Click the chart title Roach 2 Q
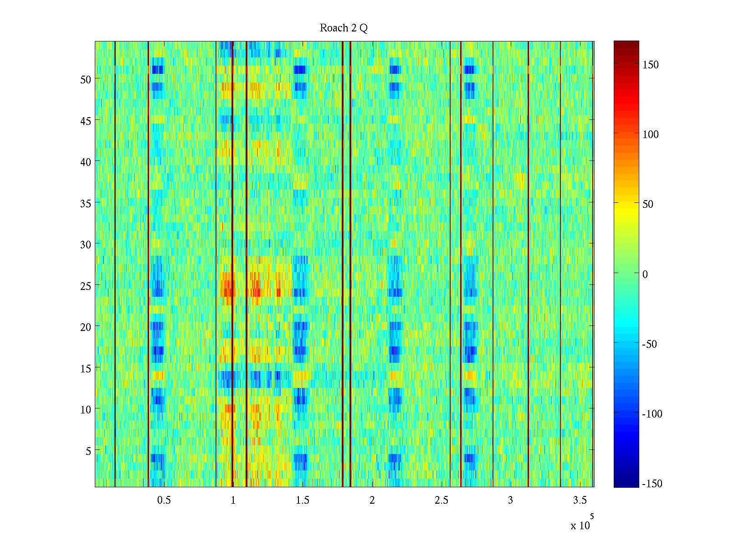(x=344, y=28)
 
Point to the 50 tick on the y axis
(x=86, y=79)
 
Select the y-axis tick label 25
(x=86, y=286)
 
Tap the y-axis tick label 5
(x=88, y=451)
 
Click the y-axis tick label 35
(x=86, y=203)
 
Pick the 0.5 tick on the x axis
(x=164, y=501)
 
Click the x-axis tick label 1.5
(x=303, y=501)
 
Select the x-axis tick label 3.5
(x=580, y=501)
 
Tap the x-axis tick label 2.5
(x=441, y=501)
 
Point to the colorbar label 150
(x=650, y=65)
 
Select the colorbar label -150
(x=652, y=484)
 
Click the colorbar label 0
(x=645, y=274)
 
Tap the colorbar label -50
(x=650, y=344)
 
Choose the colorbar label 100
(x=650, y=134)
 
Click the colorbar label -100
(x=652, y=414)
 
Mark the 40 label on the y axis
(x=86, y=162)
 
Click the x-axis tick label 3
(x=510, y=501)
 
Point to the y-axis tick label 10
(x=86, y=410)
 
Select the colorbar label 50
(x=648, y=204)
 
